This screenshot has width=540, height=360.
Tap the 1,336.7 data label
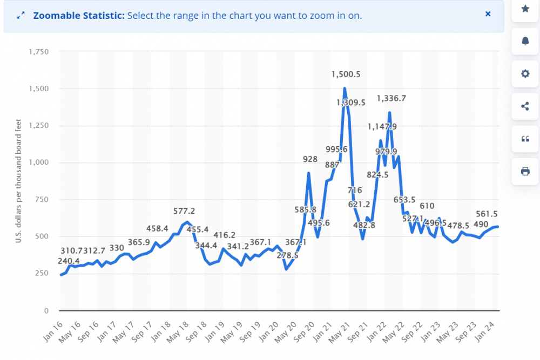(391, 98)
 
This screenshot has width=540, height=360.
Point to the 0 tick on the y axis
(46, 310)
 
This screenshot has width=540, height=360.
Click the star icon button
(525, 9)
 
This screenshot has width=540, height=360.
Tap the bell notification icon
(525, 42)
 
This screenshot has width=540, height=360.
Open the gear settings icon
(525, 74)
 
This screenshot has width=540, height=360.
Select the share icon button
(525, 106)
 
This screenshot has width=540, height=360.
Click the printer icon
(525, 171)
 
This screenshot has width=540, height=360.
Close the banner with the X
(488, 14)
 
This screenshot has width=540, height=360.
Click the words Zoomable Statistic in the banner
(79, 16)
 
